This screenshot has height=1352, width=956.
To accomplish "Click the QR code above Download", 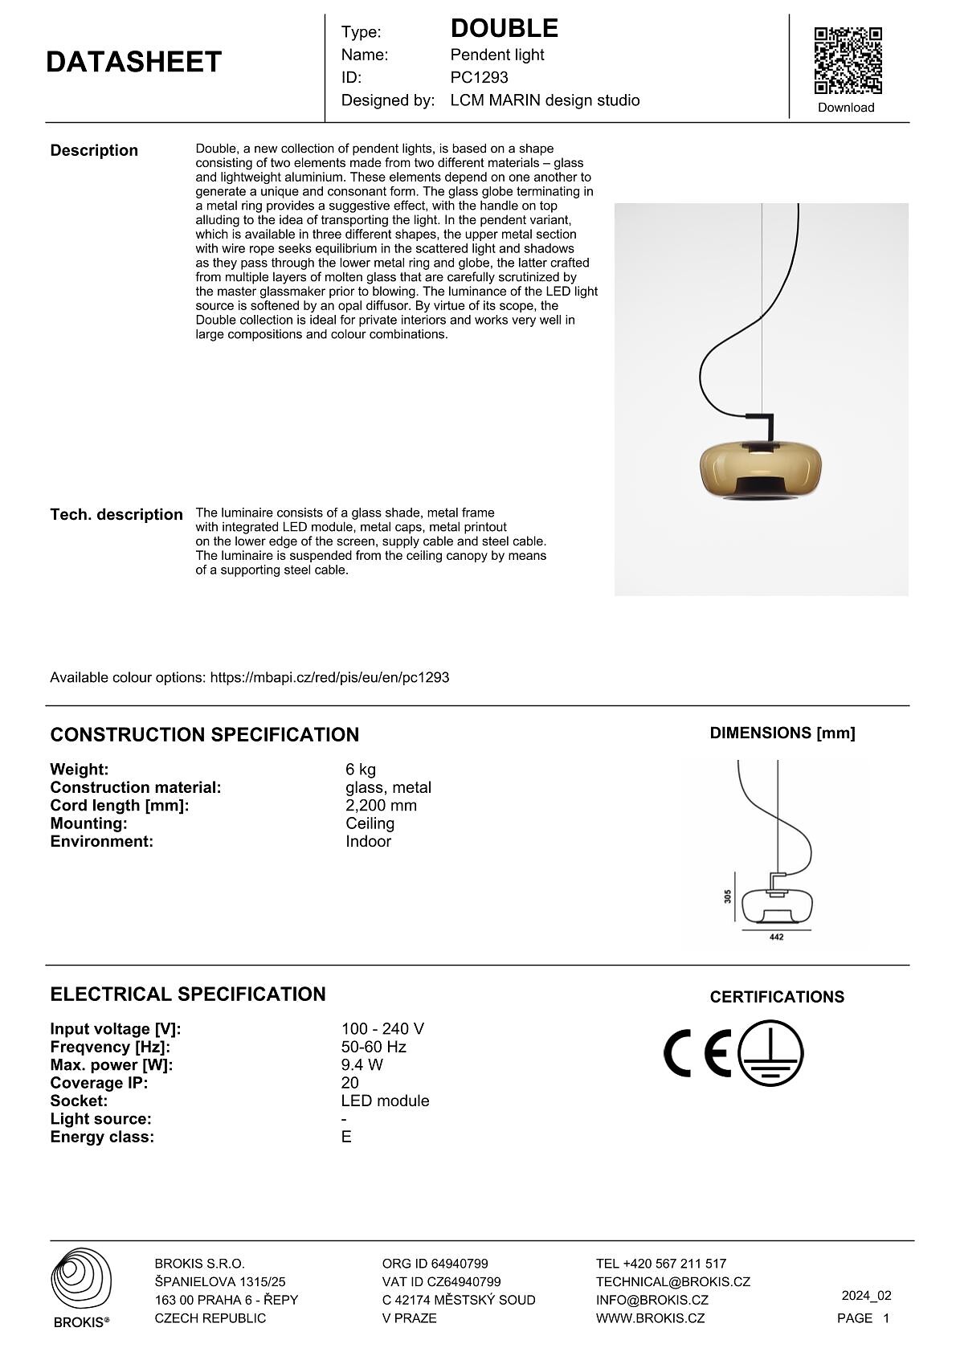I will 848,61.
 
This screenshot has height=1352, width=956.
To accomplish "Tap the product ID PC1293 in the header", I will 479,78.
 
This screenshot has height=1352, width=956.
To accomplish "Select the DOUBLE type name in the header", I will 504,29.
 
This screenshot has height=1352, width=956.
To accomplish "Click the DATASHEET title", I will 133,63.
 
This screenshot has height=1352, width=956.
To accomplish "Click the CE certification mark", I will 697,1052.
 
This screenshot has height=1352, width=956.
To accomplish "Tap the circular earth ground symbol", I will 770,1053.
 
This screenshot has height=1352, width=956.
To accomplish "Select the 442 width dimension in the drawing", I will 776,937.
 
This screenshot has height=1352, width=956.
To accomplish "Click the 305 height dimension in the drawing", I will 728,896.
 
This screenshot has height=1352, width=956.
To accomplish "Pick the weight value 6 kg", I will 361,770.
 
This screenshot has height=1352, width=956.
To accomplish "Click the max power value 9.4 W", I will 362,1065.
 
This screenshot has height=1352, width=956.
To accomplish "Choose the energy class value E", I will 346,1137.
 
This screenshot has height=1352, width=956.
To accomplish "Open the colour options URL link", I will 329,677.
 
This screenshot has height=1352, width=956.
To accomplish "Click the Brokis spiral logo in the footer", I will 81,1280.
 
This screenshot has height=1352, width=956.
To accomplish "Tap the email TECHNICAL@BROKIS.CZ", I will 672,1282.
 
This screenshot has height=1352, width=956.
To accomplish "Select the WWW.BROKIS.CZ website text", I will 650,1318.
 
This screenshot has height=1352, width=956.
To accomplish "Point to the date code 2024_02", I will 866,1296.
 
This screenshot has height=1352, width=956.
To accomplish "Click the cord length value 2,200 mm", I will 381,806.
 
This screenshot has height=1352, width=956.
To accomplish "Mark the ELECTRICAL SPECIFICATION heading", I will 188,995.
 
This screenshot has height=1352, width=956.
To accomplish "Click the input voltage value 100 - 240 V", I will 382,1029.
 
